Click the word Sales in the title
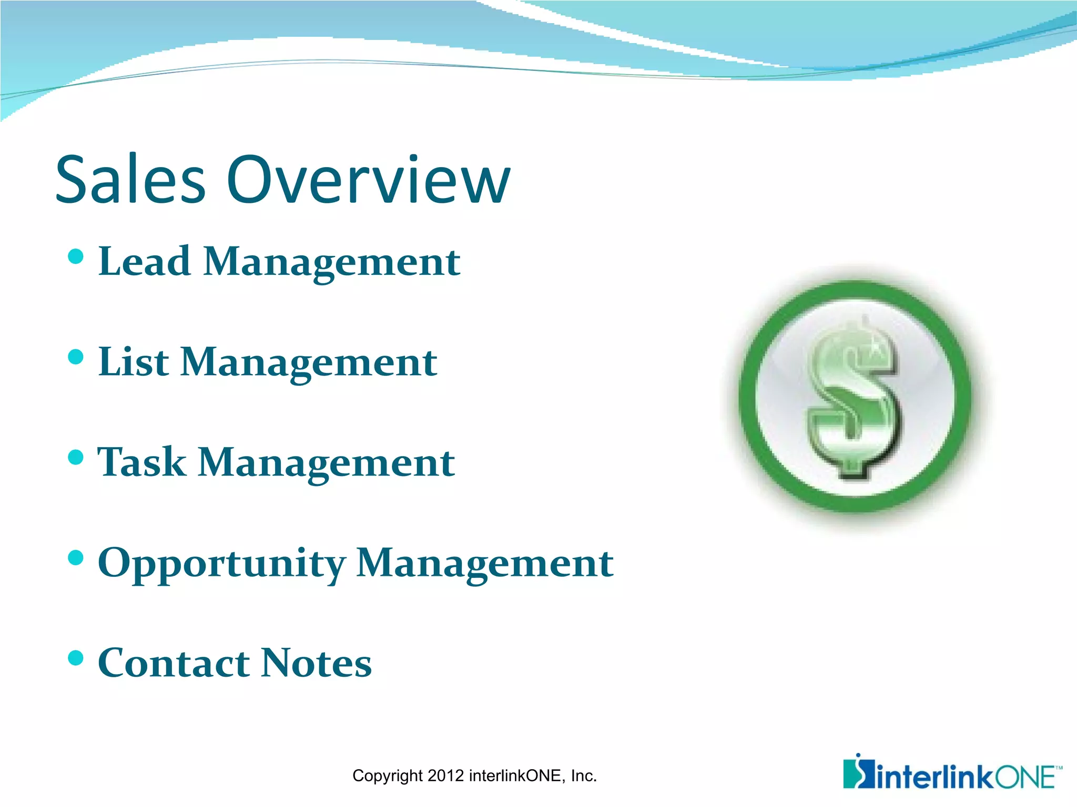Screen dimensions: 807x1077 coord(130,180)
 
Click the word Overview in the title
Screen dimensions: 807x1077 coord(368,180)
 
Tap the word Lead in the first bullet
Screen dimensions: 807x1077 coord(144,261)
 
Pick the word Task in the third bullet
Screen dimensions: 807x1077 coord(142,462)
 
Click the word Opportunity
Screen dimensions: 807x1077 coord(221,563)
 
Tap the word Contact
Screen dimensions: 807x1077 coord(174,663)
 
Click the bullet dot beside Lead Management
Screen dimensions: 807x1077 coord(76,256)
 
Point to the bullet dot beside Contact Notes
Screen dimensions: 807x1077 coord(76,658)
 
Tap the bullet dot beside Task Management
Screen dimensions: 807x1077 coord(76,457)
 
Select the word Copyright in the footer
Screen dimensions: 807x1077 coord(388,776)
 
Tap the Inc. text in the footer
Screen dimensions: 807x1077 coord(583,775)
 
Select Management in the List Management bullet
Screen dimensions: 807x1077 coord(309,363)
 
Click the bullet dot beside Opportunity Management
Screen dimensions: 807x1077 coord(76,557)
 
